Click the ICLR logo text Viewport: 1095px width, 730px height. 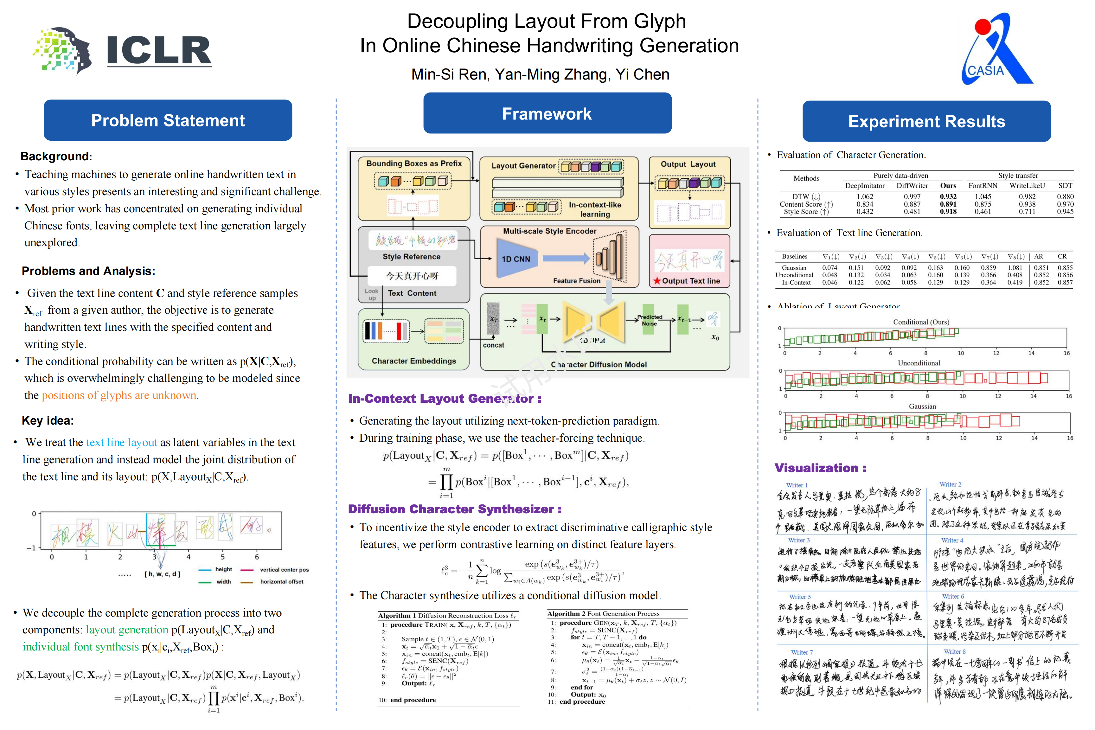(x=159, y=50)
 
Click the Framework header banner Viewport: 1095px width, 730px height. (x=547, y=114)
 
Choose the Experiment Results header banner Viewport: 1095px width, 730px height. (x=926, y=122)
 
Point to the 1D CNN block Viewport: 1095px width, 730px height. (x=516, y=259)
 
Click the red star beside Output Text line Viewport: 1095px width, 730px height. (x=657, y=281)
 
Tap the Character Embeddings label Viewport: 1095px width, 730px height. (x=413, y=361)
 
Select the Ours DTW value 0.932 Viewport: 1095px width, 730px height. (x=948, y=196)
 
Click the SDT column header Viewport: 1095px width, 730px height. (x=1065, y=186)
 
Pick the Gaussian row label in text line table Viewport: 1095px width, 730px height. (x=794, y=268)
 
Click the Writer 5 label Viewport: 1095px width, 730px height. (x=799, y=597)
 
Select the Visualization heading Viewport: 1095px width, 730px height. (x=820, y=468)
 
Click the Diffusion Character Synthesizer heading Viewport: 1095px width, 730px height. (x=454, y=509)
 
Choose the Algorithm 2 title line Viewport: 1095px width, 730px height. (x=603, y=614)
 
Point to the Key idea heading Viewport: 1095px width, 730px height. (x=48, y=421)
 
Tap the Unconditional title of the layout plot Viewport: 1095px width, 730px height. (x=919, y=363)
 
